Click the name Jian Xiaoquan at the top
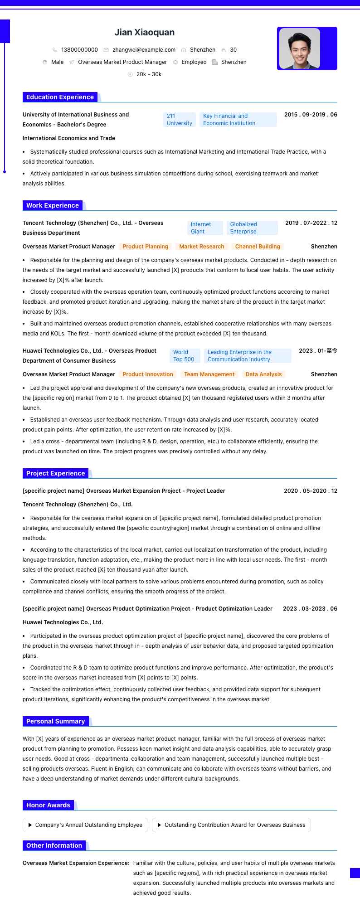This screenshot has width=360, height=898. tap(144, 33)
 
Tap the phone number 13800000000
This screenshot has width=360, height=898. tap(79, 50)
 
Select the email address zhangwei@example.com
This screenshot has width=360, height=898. tap(144, 50)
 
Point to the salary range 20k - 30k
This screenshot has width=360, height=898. tap(149, 74)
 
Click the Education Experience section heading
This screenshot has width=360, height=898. tap(60, 97)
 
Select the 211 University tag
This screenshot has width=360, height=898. tap(179, 120)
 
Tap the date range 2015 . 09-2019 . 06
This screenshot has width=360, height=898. tap(311, 115)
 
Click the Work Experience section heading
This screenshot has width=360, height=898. tap(53, 205)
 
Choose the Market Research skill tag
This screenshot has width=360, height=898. tap(202, 247)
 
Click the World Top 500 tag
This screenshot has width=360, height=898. tap(184, 356)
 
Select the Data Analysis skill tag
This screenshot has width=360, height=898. tap(263, 374)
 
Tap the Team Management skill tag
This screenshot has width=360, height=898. tap(209, 374)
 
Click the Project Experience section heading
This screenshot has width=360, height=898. tap(55, 473)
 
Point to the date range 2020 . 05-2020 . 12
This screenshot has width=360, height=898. tap(311, 491)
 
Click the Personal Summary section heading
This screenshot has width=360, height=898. tap(55, 721)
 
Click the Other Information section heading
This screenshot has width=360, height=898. tap(54, 845)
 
